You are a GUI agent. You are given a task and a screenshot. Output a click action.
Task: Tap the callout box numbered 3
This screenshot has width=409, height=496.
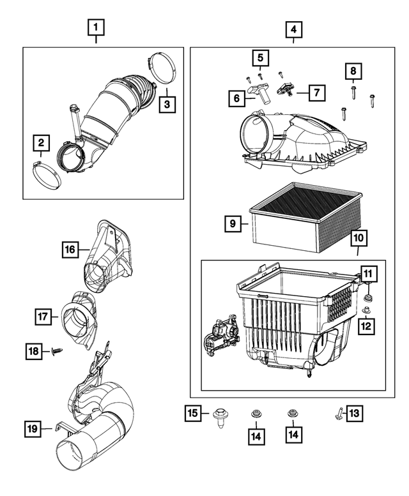166,103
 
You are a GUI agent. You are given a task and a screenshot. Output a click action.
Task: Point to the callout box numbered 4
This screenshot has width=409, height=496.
293,29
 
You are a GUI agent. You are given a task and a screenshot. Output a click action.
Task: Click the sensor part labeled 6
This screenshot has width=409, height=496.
258,91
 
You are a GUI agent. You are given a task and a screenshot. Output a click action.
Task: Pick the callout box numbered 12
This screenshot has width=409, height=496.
367,274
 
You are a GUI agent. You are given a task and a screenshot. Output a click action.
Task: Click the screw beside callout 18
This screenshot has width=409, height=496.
56,350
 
